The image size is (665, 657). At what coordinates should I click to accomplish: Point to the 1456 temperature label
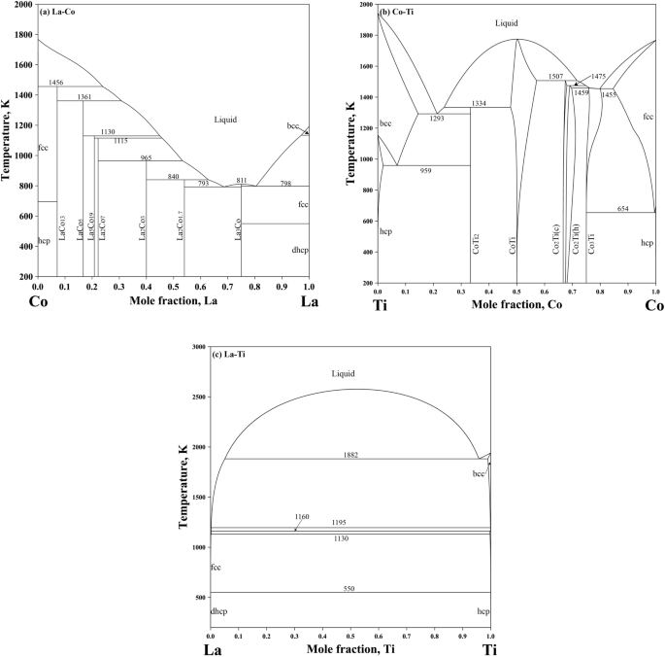[56, 83]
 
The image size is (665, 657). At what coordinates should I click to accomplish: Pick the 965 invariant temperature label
[146, 157]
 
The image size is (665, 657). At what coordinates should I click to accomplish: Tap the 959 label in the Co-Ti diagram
[425, 170]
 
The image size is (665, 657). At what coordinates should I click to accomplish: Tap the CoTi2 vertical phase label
[475, 244]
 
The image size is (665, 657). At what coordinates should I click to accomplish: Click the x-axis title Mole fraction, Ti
[350, 647]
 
